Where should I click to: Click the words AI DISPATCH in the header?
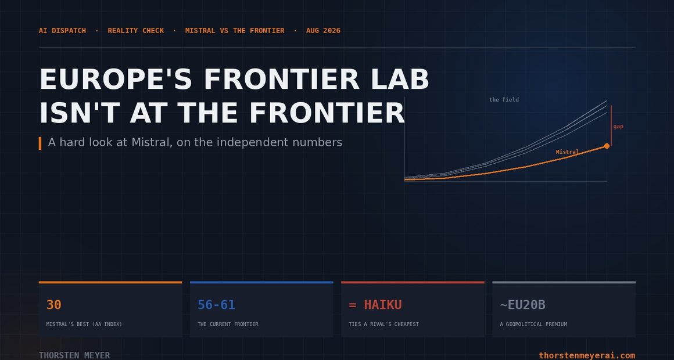62,31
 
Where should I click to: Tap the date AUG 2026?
323,31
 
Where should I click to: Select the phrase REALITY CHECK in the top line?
136,31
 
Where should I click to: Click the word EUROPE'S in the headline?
116,79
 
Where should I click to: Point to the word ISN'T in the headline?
80,113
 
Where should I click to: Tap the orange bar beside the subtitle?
40,143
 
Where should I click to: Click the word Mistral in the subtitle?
150,142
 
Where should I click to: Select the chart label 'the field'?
504,100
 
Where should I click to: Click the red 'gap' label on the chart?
618,127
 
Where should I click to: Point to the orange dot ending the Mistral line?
607,146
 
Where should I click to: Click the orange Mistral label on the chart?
567,152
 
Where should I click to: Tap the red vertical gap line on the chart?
611,126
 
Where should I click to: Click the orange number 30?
53,305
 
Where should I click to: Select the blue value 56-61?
216,305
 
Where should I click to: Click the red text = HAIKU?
375,305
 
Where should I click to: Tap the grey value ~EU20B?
523,305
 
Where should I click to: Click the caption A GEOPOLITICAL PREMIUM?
533,324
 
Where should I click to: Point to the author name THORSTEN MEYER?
74,355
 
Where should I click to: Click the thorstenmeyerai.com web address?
587,355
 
